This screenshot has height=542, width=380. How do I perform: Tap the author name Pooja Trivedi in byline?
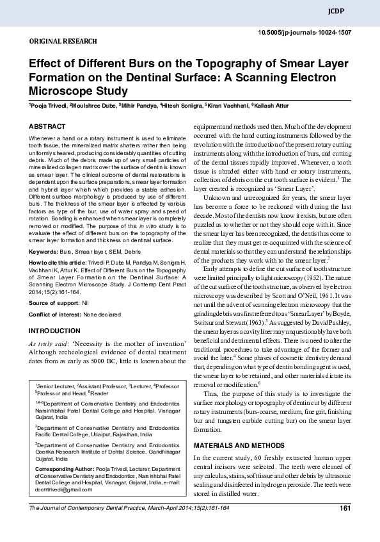(x=48, y=104)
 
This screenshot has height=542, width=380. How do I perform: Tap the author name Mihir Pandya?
(x=139, y=104)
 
